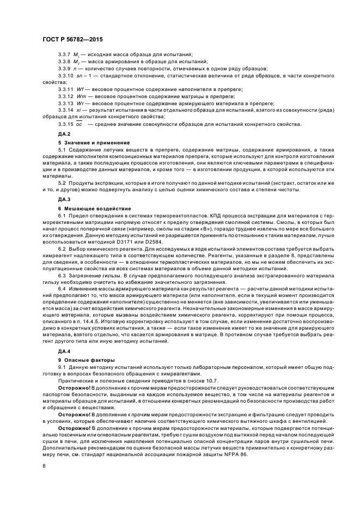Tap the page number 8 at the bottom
44,466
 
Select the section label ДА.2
65,133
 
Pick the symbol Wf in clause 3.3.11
81,88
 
